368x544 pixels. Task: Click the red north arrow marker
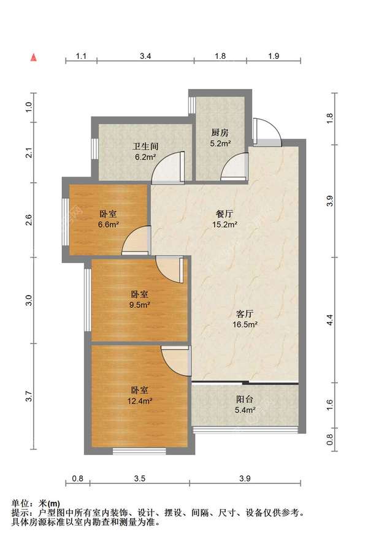35,58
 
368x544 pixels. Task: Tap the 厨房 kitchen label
220,132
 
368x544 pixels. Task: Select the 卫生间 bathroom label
146,147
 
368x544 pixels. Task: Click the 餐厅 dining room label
224,213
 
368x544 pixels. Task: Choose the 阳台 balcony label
245,399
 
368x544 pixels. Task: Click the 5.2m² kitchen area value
220,144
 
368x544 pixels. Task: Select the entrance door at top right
266,130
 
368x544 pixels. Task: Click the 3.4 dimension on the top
145,56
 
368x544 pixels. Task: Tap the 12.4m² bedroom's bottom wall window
139,452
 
